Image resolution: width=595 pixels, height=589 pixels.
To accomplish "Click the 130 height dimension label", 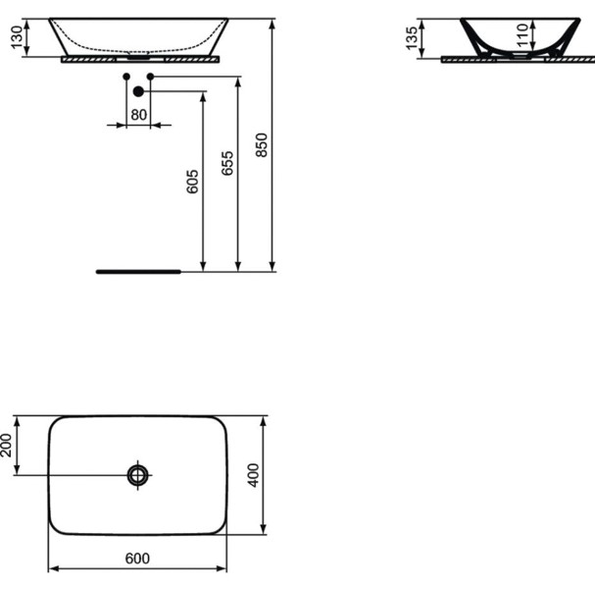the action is coord(17,37).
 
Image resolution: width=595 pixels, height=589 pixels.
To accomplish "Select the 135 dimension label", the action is coord(412,38).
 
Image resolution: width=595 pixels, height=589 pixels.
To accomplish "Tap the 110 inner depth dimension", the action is coord(522,35).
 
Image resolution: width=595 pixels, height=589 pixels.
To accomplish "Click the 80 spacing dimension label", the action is coord(138,115).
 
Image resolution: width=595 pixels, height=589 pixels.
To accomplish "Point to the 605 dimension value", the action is coord(192,182).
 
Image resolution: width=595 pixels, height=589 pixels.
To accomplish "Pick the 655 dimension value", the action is coord(227,163).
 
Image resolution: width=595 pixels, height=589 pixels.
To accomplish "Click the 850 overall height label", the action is coord(262,144).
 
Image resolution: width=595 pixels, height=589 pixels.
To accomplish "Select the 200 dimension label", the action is coord(6,445).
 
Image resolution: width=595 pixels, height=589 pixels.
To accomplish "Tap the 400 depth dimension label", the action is coord(253,475).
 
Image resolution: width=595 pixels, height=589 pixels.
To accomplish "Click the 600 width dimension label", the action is coord(137,559).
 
